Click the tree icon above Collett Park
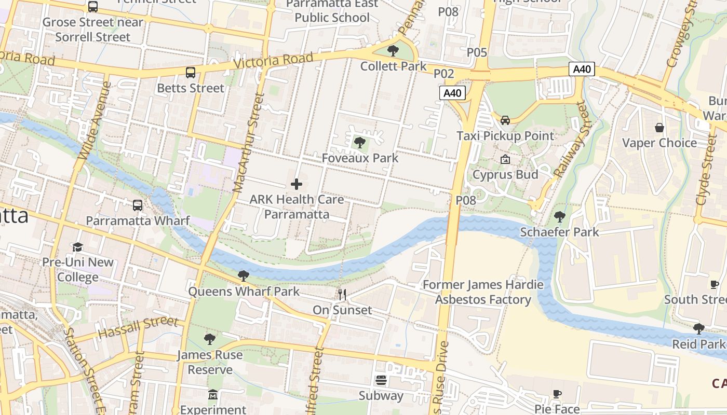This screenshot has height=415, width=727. pos(393,51)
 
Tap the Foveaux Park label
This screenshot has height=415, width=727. pos(360,158)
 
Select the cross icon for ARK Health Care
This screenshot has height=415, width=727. pos(297,184)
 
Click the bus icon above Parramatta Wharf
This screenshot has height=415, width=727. pos(138,205)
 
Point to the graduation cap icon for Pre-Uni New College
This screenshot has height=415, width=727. pos(77,247)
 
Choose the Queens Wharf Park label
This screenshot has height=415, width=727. pos(244,292)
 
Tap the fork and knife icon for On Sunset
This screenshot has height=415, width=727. pos(342,295)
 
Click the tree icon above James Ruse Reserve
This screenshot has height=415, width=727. pos(210,339)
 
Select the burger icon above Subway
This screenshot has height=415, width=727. pos(381,380)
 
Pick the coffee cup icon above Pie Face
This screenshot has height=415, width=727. pos(557,394)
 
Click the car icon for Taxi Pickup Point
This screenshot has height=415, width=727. pos(505,120)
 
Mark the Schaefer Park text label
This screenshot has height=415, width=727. pos(559,232)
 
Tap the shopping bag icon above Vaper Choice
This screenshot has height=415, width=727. pos(659,128)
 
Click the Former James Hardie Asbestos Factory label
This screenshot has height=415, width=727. pos(483,292)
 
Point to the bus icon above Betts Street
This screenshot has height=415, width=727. pos(191,73)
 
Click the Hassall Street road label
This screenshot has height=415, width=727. pos(138,328)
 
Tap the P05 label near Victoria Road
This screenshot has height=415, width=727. pos(477,52)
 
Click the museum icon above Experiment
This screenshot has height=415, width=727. pos(213,395)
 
